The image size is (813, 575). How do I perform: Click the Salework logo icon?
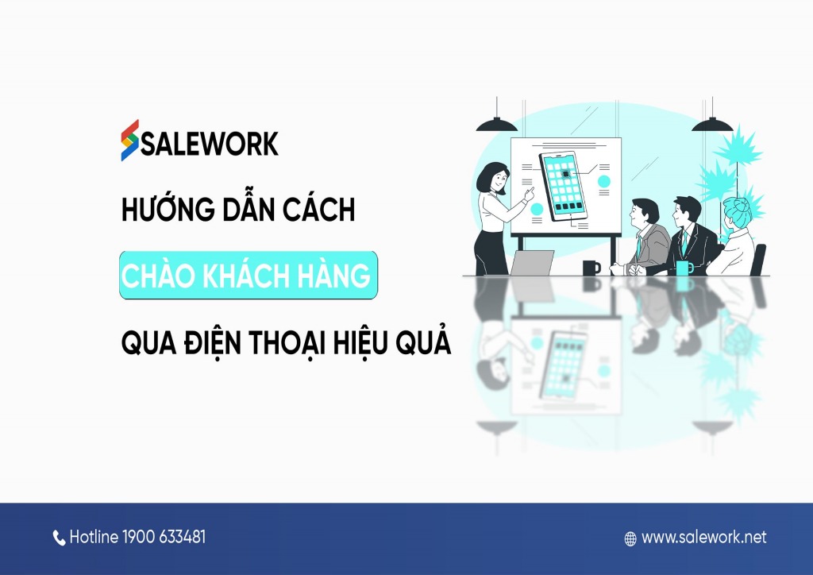(x=130, y=140)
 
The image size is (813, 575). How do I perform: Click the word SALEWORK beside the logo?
(x=210, y=144)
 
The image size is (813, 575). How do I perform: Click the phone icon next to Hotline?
(x=60, y=538)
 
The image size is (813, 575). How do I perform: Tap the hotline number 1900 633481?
(x=164, y=538)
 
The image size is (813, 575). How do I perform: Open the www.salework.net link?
(x=704, y=538)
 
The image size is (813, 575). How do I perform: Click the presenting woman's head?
(x=495, y=174)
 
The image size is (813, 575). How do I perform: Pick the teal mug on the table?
(x=683, y=268)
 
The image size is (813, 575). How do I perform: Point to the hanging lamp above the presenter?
(x=496, y=124)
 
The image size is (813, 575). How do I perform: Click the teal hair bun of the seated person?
(x=735, y=209)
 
